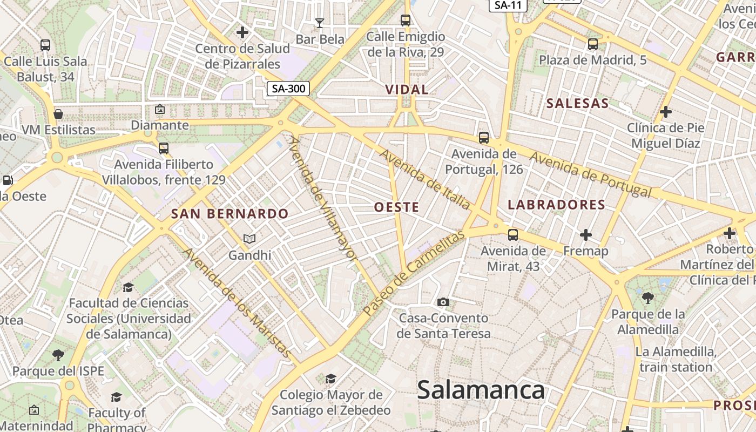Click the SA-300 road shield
288,89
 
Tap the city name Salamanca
481,390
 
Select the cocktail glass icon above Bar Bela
320,23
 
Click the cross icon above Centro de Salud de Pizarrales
242,32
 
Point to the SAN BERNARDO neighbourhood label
230,213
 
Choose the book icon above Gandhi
249,239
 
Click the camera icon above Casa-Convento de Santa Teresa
443,302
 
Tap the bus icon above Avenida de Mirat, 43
513,235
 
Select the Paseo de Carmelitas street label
414,273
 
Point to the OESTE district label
396,207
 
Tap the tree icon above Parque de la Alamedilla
647,298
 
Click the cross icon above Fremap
586,235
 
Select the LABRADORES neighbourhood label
557,205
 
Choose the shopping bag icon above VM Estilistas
58,114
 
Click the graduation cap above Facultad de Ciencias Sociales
128,287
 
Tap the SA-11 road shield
508,5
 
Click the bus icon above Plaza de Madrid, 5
593,44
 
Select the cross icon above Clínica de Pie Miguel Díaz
666,112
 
